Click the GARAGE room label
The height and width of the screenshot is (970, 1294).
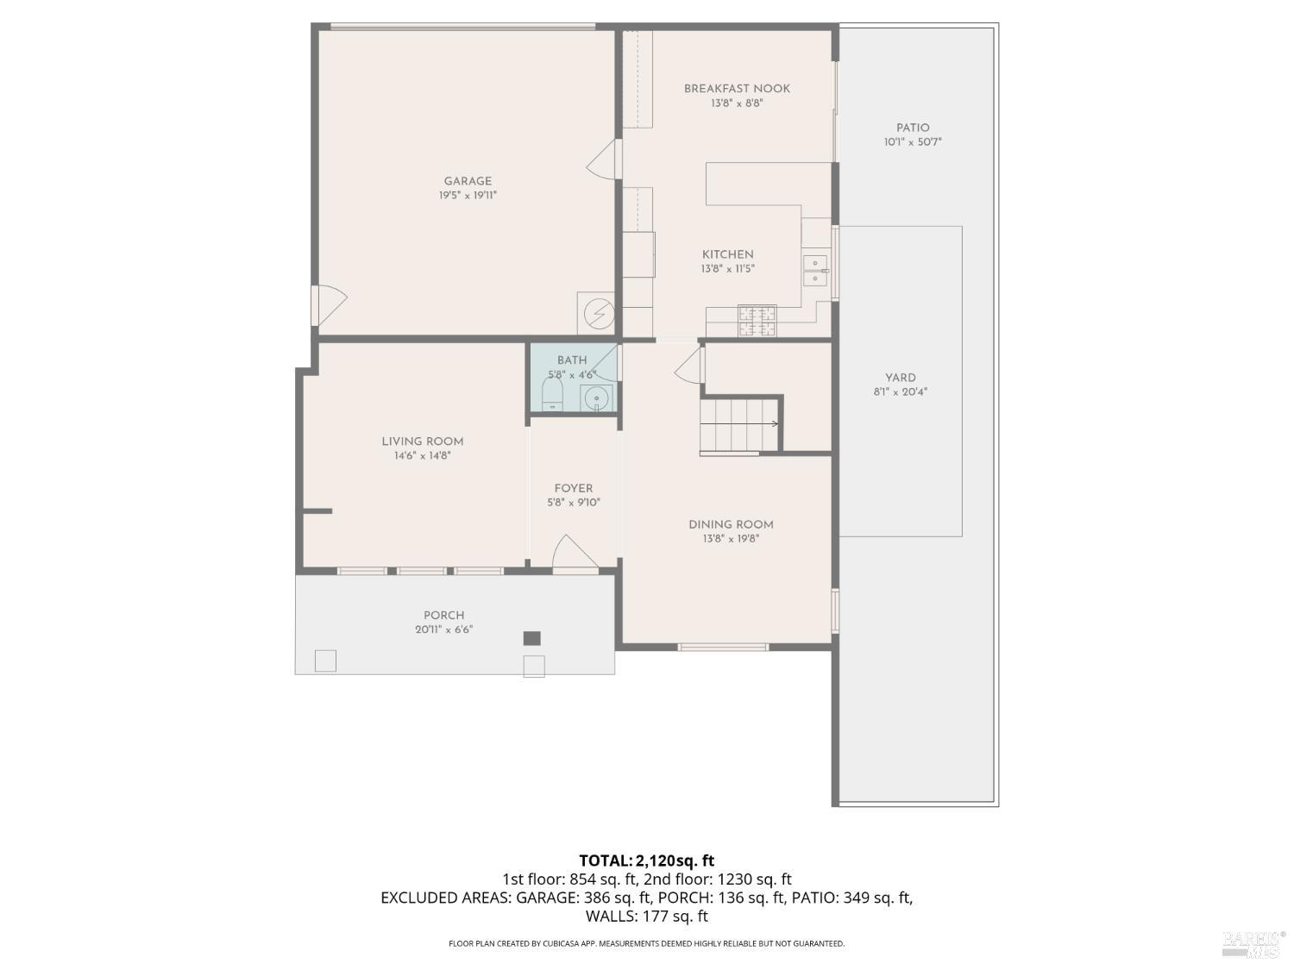468,181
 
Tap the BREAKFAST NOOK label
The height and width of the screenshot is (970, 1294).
737,88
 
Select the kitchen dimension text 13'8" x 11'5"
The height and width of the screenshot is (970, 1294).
727,269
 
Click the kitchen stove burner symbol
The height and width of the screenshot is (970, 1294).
757,320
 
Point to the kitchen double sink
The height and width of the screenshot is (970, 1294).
814,270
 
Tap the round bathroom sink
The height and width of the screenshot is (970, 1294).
596,398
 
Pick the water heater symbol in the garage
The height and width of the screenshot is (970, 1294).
596,314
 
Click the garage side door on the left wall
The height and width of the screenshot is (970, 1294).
329,304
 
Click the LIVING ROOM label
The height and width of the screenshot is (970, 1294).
422,441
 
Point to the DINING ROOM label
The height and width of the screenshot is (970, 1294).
731,524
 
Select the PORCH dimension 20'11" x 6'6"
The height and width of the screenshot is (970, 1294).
443,629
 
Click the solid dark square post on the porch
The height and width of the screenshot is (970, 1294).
532,638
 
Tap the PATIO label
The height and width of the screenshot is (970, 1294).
913,128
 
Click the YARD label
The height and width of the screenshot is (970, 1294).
900,378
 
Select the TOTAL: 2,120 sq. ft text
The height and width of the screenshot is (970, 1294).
646,860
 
